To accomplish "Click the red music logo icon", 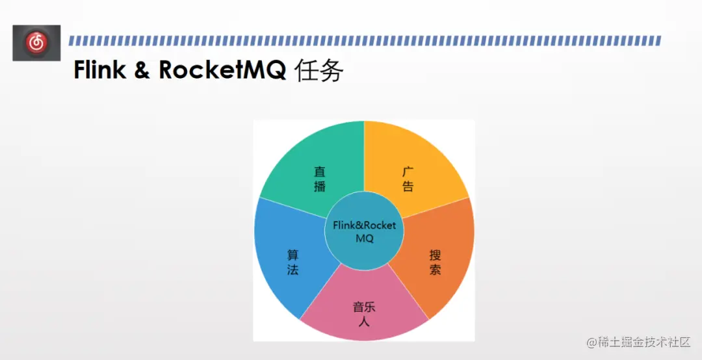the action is (36, 43).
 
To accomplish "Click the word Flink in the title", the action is (99, 70).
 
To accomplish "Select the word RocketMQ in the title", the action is (222, 70).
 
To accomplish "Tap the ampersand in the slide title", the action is (142, 70).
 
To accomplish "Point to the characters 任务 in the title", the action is (318, 70).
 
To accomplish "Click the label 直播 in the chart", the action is (320, 179).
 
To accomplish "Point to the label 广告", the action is (408, 179).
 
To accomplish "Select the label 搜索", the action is (435, 263).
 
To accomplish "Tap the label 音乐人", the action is (364, 314).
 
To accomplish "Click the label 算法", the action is (293, 263).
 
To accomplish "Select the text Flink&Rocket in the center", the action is (364, 225).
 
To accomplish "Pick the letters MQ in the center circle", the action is (364, 238).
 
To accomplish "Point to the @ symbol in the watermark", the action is (591, 342).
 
